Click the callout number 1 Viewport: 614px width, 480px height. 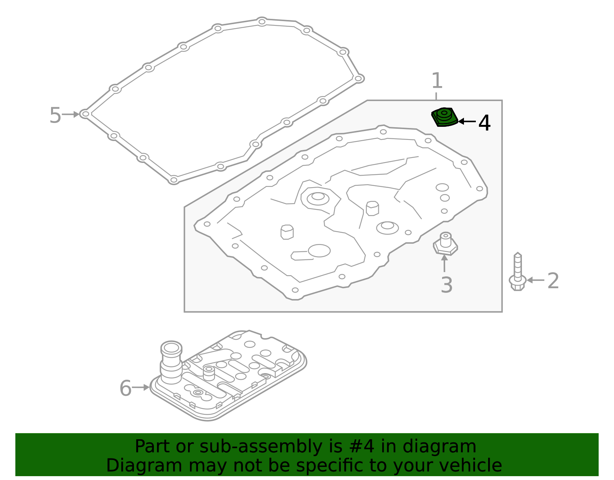click(437, 81)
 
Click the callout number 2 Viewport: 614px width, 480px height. click(553, 281)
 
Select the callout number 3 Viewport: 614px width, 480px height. click(446, 285)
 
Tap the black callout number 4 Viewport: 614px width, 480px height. click(484, 123)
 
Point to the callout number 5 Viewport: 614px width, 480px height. click(55, 115)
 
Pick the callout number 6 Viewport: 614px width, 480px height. click(125, 388)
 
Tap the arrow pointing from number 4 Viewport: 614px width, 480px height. click(467, 121)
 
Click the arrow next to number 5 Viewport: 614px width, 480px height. click(71, 114)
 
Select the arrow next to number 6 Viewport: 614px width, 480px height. click(140, 387)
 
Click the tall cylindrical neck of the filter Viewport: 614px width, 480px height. click(171, 361)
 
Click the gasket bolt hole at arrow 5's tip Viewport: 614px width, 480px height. click(85, 114)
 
